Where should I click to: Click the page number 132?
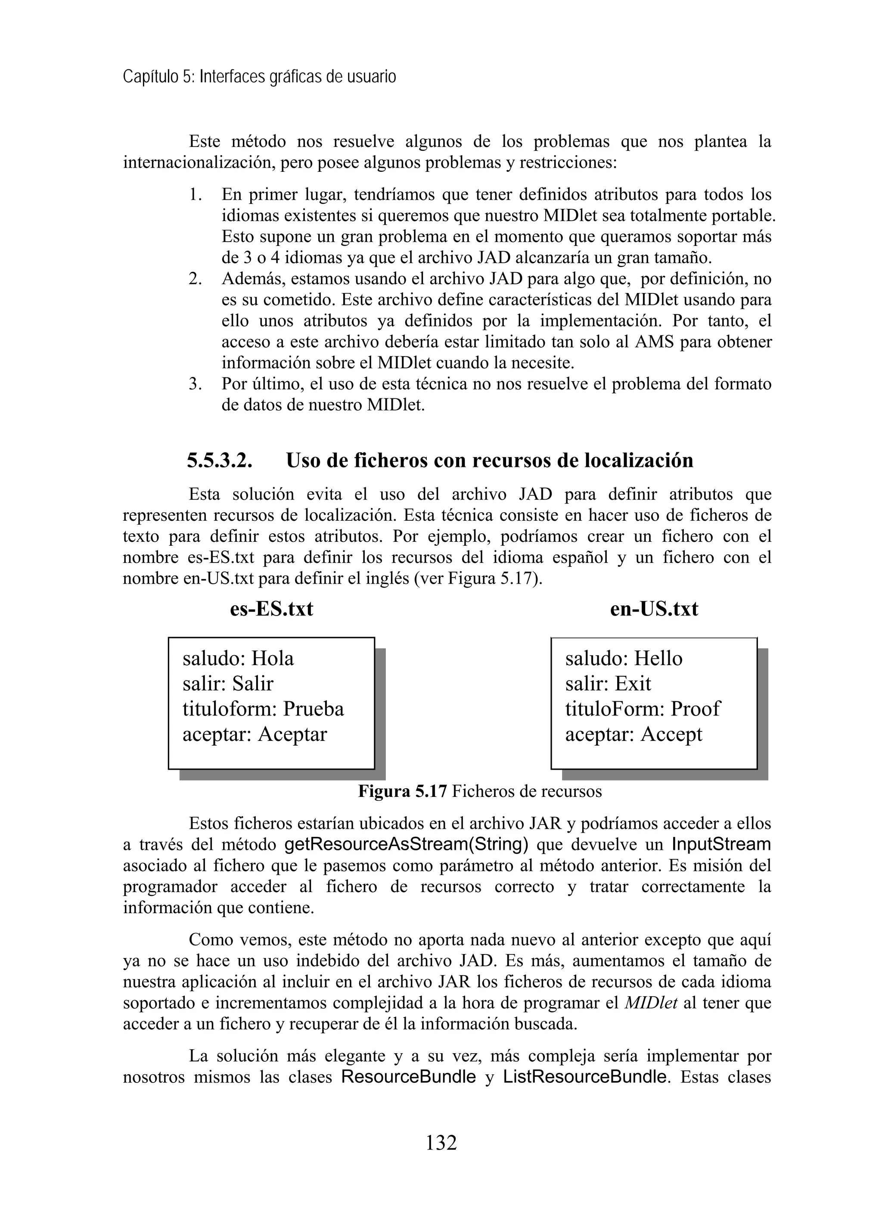(x=441, y=1142)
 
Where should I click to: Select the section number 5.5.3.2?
(x=219, y=460)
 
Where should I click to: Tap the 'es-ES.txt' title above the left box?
(x=271, y=609)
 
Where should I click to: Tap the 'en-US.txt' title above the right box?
(x=654, y=609)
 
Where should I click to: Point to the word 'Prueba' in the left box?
(x=314, y=709)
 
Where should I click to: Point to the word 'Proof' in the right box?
(x=695, y=709)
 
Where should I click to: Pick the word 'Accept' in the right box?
(x=671, y=734)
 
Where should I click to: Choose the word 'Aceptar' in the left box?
(x=292, y=734)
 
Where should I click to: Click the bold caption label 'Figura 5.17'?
(x=402, y=792)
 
